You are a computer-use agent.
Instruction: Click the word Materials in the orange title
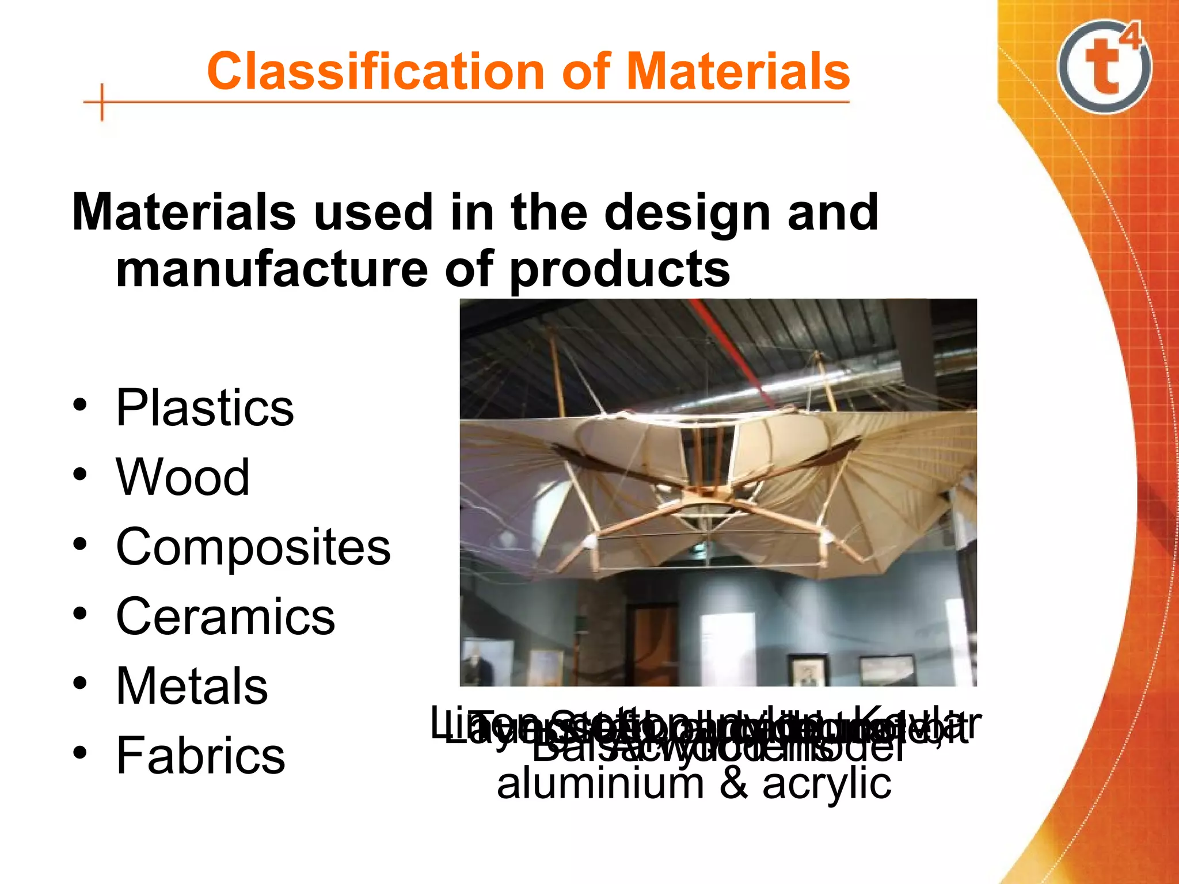tap(738, 71)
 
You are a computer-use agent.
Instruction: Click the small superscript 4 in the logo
tap(1132, 37)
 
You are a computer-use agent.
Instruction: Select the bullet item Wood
tap(183, 477)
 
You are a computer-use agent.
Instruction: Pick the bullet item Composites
tap(253, 547)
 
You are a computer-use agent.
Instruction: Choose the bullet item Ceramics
tap(226, 616)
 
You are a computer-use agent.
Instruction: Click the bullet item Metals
tap(192, 686)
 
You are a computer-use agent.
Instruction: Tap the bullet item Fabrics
tap(201, 756)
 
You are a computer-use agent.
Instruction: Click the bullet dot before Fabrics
tap(80, 753)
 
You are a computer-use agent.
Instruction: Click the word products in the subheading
tap(619, 270)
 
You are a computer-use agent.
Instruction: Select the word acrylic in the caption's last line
tap(827, 784)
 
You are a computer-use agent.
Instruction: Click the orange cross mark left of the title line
tap(102, 102)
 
